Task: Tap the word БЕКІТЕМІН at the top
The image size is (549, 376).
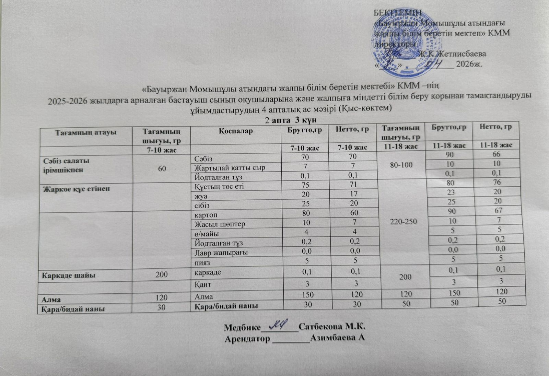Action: tap(397, 12)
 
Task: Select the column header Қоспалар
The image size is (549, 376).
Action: tap(235, 131)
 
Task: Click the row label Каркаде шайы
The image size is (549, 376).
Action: tap(69, 275)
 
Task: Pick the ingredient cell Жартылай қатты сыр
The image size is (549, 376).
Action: tap(230, 168)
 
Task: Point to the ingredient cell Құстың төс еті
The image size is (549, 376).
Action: tap(219, 186)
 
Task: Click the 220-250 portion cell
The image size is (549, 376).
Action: tap(405, 221)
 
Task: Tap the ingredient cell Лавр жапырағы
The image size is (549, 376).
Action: tap(221, 252)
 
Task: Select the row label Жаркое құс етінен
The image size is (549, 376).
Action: tap(76, 189)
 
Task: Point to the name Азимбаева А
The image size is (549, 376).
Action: tap(337, 338)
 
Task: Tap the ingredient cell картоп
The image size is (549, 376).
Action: tap(206, 215)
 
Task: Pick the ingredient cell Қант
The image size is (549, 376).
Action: tap(203, 284)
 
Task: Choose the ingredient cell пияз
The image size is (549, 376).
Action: tap(202, 262)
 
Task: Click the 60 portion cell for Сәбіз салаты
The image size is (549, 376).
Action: tap(162, 168)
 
